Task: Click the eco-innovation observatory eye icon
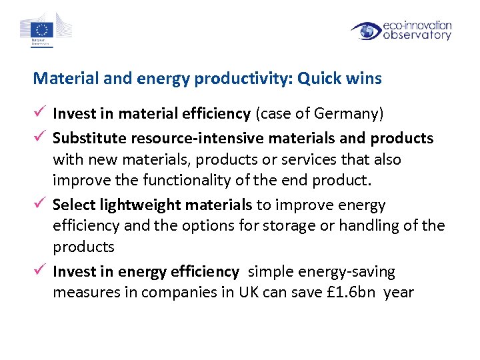tap(366, 31)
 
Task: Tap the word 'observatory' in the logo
tap(417, 35)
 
